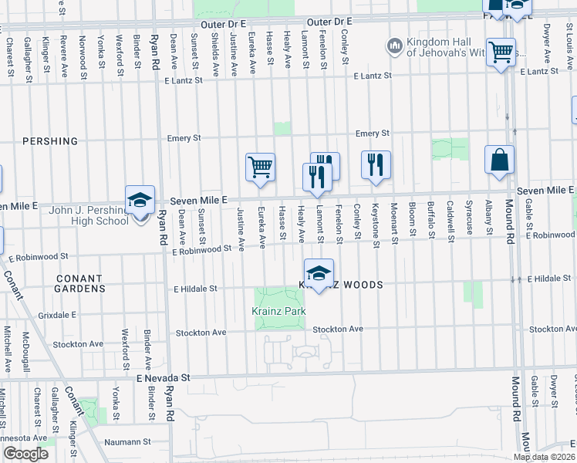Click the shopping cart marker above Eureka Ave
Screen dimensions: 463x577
point(261,167)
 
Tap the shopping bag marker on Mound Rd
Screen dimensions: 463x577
point(500,161)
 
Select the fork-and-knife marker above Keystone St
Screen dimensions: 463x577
point(376,165)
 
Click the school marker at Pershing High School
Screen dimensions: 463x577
point(140,201)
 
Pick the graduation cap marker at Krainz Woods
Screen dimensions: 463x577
point(319,273)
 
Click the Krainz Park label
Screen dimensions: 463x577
point(278,311)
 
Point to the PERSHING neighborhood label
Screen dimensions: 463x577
point(50,141)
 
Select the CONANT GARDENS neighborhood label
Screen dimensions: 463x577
point(79,283)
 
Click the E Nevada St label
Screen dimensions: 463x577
point(163,378)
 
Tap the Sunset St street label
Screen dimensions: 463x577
point(201,231)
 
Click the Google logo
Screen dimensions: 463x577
point(25,454)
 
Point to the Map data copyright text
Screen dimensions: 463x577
point(544,457)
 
